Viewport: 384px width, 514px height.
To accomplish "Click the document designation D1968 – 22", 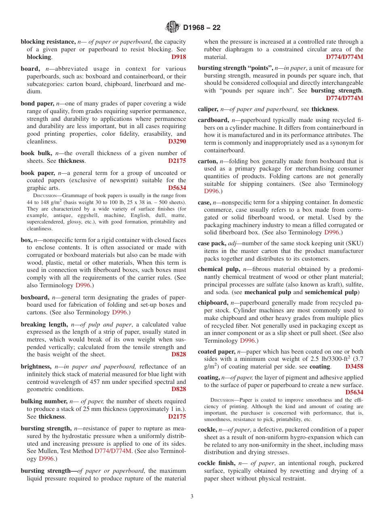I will [x=202, y=28].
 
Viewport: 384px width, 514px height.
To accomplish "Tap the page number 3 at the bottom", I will [x=192, y=497].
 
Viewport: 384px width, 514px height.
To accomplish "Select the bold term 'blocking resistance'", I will [x=48, y=42].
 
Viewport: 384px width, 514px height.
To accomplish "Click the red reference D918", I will [x=178, y=57].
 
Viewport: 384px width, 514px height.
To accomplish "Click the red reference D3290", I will [x=177, y=142].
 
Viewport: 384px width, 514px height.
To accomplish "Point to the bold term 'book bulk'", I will [x=36, y=153].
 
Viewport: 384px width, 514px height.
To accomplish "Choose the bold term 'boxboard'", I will [x=35, y=297].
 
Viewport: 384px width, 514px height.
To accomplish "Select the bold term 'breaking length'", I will [x=44, y=324].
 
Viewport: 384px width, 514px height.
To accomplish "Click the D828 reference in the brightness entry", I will [x=178, y=389].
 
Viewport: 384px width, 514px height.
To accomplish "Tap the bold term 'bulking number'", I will [x=44, y=401].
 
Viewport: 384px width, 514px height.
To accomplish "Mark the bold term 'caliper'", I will [x=208, y=109].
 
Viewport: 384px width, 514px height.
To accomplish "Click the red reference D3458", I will [x=354, y=367].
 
